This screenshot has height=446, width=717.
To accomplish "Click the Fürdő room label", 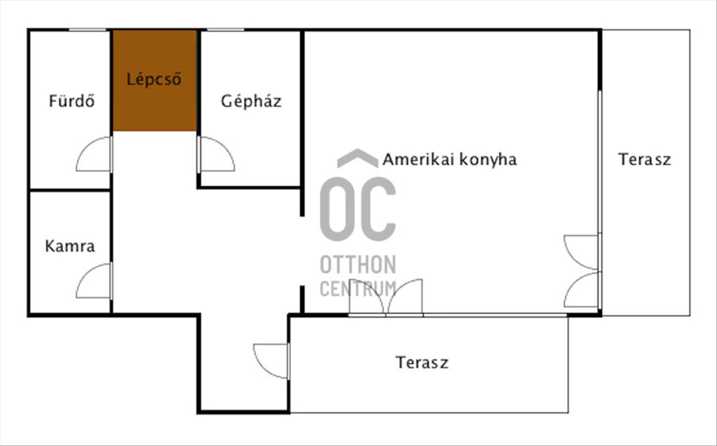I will (72, 101).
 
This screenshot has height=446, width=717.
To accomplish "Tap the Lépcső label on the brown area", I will (154, 79).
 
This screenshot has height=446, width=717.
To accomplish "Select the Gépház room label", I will (251, 101).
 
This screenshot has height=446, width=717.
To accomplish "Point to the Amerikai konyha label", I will (449, 159).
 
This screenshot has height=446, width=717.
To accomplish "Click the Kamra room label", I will (70, 246).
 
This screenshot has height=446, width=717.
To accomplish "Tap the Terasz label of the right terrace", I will (645, 159).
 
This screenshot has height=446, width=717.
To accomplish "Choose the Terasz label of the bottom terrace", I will (422, 362).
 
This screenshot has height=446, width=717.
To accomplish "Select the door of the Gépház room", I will (215, 155).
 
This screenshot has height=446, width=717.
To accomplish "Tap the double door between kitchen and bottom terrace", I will (386, 297).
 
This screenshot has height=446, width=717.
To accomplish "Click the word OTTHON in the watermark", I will (357, 264).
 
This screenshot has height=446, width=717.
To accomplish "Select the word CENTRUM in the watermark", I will (357, 288).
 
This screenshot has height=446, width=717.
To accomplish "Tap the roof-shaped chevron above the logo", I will (357, 158).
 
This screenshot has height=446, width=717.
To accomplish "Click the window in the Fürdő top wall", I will (87, 30).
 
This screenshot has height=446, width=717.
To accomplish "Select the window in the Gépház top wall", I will (225, 30).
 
